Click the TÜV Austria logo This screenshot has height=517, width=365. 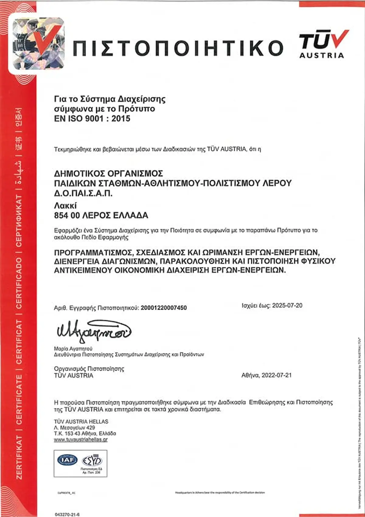323,44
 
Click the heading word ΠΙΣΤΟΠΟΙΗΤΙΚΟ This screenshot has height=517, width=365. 178,48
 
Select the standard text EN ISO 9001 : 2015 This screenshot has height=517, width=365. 92,118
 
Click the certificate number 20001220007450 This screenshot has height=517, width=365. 164,308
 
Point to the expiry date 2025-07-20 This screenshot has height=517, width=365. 287,306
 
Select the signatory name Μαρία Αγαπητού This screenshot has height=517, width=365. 73,348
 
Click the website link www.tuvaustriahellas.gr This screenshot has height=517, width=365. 81,439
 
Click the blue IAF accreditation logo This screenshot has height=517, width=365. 68,460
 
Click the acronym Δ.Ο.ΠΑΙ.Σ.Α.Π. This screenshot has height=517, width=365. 83,193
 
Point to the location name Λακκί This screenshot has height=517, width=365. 65,205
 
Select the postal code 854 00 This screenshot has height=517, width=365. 67,215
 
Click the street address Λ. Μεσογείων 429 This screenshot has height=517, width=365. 75,427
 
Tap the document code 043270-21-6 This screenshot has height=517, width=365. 67,514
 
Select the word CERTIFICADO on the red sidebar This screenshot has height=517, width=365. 19,283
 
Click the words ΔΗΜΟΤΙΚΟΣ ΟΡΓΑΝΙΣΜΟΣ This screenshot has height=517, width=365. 109,173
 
